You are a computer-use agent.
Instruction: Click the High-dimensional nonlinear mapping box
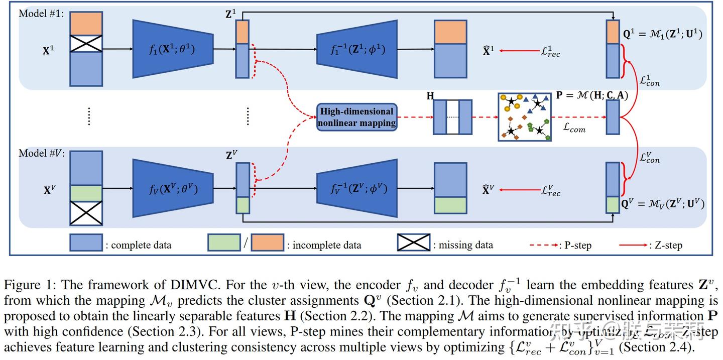click(357, 117)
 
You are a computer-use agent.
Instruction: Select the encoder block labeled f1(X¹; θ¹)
click(173, 49)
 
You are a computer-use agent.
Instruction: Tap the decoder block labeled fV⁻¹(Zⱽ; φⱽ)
click(357, 189)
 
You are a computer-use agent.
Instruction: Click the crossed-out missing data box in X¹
click(86, 44)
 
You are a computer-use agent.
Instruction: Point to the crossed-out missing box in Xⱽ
click(86, 213)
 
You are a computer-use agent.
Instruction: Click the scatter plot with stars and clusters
click(524, 117)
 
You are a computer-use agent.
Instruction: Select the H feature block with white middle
click(452, 117)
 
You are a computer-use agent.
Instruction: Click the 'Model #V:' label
click(41, 153)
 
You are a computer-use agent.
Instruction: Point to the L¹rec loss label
click(550, 50)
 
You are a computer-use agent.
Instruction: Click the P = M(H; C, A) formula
click(592, 95)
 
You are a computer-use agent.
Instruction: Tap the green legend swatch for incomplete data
click(223, 242)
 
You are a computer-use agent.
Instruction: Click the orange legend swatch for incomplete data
click(267, 242)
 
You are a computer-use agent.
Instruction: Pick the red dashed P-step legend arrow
click(543, 245)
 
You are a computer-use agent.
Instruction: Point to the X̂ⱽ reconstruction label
click(488, 190)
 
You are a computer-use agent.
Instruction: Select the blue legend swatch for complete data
click(86, 242)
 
